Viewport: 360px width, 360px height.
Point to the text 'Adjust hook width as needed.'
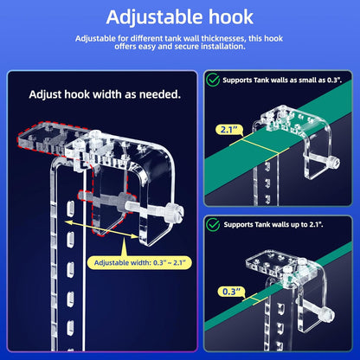pyautogui.click(x=105, y=93)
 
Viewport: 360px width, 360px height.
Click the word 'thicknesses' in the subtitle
pyautogui.click(x=258, y=38)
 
